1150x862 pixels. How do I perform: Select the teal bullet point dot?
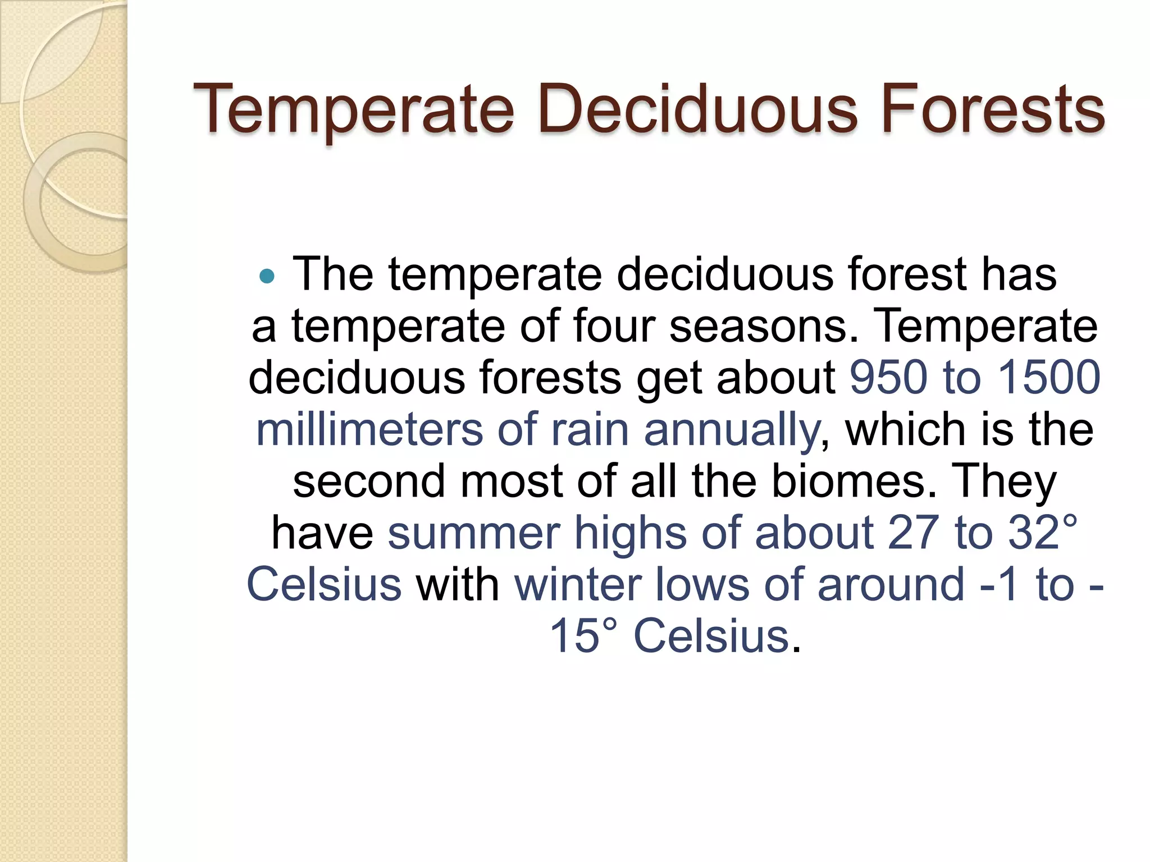click(x=267, y=276)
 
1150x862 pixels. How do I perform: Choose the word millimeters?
click(x=369, y=430)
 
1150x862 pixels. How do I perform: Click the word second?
click(x=369, y=481)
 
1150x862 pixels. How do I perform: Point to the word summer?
click(x=473, y=533)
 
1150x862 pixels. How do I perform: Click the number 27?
click(x=913, y=533)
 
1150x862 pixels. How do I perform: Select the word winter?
click(x=578, y=584)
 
